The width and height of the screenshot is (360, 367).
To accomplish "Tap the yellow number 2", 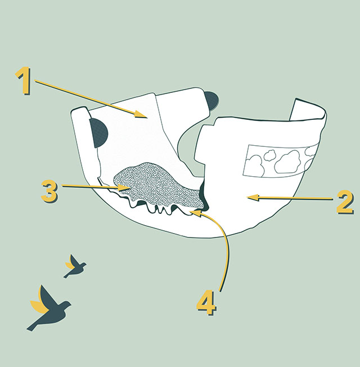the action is coord(345,202).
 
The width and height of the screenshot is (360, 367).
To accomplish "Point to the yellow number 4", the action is coord(206,303).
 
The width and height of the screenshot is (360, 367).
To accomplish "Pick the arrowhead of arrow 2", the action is coord(252,198).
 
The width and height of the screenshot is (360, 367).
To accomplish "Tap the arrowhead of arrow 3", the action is coord(124,187).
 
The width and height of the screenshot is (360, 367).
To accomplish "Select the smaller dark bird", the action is coord(75,267).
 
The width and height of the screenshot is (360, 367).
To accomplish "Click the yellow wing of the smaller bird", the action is coord(70,265).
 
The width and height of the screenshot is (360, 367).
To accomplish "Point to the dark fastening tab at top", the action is coord(211,101).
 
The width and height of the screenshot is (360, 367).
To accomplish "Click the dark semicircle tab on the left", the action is coord(98,133).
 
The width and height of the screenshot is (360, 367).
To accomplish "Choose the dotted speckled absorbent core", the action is coord(159,185).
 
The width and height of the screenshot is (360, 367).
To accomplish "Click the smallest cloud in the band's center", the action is coord(269,155).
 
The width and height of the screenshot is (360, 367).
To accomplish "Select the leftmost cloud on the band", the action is coord(255,165).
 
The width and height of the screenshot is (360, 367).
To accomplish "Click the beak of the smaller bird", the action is coord(85,264).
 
